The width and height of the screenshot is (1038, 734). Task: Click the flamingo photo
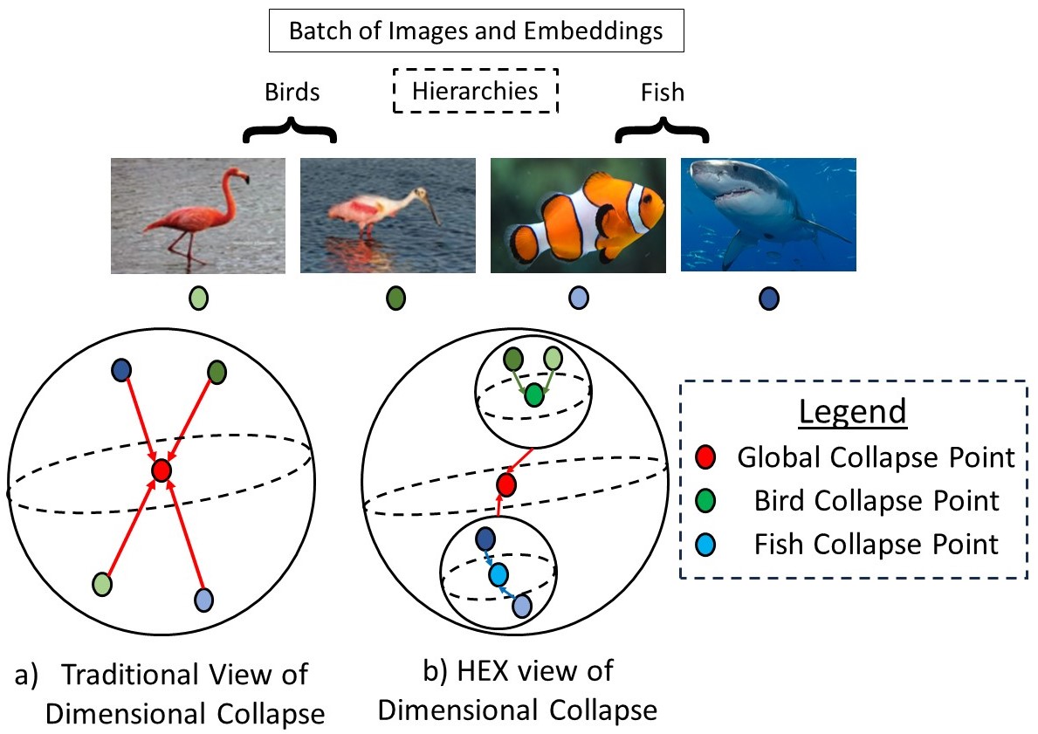(x=198, y=215)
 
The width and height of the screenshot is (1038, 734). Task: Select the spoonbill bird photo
(x=388, y=215)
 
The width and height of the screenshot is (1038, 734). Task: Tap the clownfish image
(x=577, y=215)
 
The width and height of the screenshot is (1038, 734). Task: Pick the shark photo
(x=767, y=215)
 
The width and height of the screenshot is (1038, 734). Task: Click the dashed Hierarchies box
(x=475, y=91)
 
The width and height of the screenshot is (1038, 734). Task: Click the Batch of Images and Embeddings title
(x=476, y=32)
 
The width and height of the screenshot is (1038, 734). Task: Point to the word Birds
(x=292, y=93)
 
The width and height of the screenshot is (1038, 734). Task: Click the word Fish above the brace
(x=662, y=93)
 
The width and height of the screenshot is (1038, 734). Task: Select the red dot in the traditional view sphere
(x=161, y=470)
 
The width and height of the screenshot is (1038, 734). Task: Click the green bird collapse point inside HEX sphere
(x=533, y=396)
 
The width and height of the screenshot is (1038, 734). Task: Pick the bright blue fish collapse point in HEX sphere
(x=498, y=575)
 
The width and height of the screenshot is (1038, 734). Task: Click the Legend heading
(x=853, y=411)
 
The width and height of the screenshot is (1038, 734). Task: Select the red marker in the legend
(x=708, y=457)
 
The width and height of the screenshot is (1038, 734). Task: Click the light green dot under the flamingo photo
(x=199, y=299)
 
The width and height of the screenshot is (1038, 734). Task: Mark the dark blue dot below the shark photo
(x=769, y=299)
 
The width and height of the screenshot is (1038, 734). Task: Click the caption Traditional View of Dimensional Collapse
(x=184, y=693)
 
